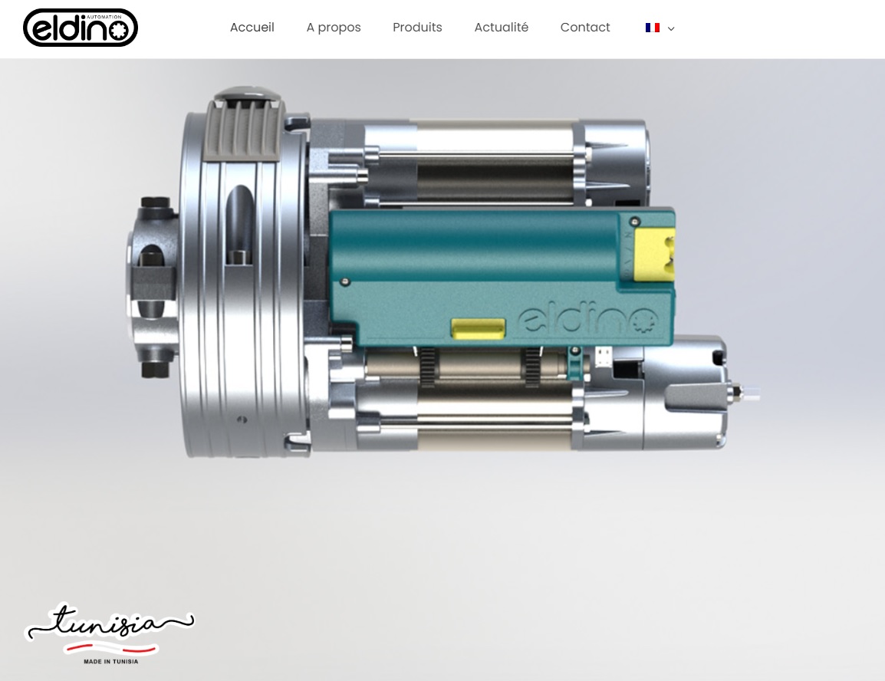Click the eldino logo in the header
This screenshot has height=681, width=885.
[81, 28]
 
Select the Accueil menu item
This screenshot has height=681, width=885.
[252, 28]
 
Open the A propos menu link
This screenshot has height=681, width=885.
[334, 28]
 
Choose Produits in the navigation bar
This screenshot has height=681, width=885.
[417, 28]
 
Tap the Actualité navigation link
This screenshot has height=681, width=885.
[501, 28]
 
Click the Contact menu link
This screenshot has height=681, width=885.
[585, 28]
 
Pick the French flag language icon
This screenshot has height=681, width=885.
[653, 28]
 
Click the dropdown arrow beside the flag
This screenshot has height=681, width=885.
[671, 28]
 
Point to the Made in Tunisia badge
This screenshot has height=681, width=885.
[109, 633]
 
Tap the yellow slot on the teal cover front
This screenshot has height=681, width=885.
[478, 328]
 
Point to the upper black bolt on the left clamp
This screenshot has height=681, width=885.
[156, 203]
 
